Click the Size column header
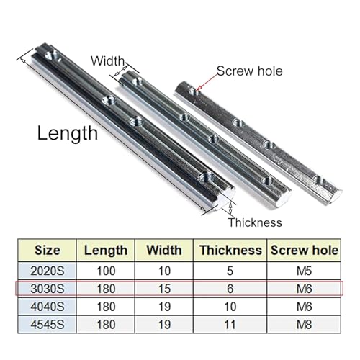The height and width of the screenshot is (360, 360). (x=48, y=251)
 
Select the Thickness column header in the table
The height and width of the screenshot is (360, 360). (x=230, y=251)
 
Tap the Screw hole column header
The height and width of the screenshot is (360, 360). (x=305, y=251)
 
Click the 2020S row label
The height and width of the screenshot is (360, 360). (x=48, y=271)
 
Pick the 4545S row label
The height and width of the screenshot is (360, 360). (x=48, y=325)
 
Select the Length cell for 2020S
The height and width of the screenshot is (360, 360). (x=106, y=271)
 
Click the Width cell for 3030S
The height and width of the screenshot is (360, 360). (x=164, y=289)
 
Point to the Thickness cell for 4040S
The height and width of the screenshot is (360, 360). (x=230, y=307)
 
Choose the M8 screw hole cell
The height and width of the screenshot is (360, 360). (x=304, y=325)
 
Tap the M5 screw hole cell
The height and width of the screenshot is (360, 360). (x=304, y=271)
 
